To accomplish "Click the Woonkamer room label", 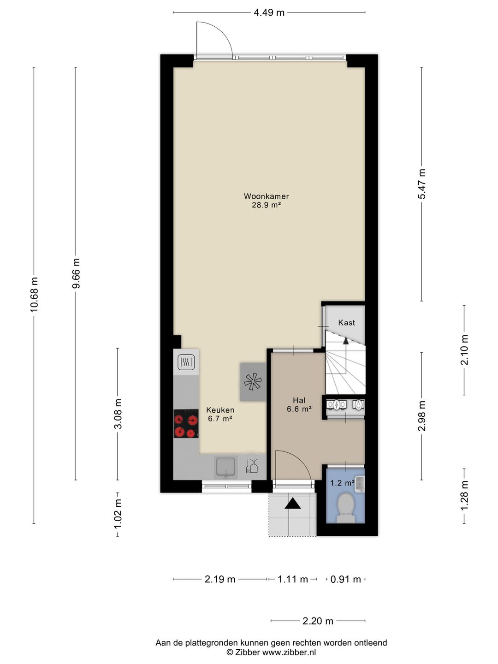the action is pyautogui.click(x=266, y=196).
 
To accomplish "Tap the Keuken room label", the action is pyautogui.click(x=220, y=410).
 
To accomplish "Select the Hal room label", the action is pyautogui.click(x=299, y=400).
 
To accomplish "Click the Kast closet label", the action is pyautogui.click(x=346, y=322).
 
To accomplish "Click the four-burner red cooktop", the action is pyautogui.click(x=186, y=423).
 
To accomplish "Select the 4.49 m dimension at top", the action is pyautogui.click(x=269, y=13).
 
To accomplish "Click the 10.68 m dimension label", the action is pyautogui.click(x=34, y=294).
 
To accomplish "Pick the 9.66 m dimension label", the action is pyautogui.click(x=76, y=273).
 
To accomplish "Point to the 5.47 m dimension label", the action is pyautogui.click(x=422, y=184).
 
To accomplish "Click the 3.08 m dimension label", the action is pyautogui.click(x=118, y=414).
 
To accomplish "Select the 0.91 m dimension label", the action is pyautogui.click(x=346, y=579).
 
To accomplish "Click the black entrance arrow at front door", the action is pyautogui.click(x=292, y=504).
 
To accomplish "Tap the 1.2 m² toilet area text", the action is pyautogui.click(x=342, y=483).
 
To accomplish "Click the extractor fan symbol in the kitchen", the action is pyautogui.click(x=253, y=382).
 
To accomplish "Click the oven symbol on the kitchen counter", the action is pyautogui.click(x=186, y=362).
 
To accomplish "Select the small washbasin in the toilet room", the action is pyautogui.click(x=360, y=483).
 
